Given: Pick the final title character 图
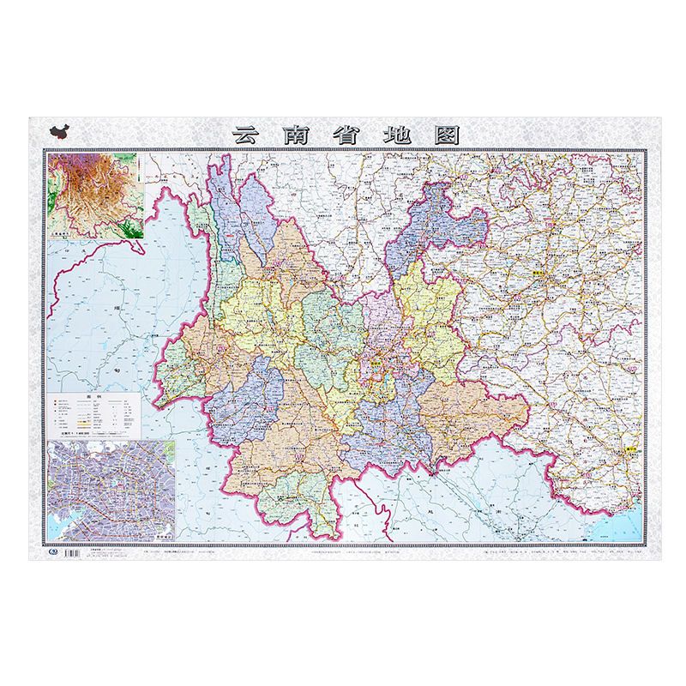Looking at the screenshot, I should [x=448, y=135].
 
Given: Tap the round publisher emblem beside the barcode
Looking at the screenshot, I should [x=49, y=552].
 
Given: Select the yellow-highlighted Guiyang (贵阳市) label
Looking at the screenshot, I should [x=539, y=267].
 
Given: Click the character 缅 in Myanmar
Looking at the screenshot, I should [x=112, y=305].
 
